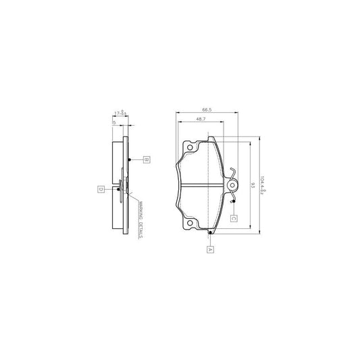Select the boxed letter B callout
[x=146, y=160]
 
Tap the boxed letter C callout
[x=233, y=217]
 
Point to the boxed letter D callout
[x=101, y=189]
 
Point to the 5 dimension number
[x=114, y=123]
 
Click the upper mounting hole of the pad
[x=190, y=148]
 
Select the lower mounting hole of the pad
[x=190, y=224]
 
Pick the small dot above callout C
[x=232, y=201]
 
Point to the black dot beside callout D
[x=118, y=190]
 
